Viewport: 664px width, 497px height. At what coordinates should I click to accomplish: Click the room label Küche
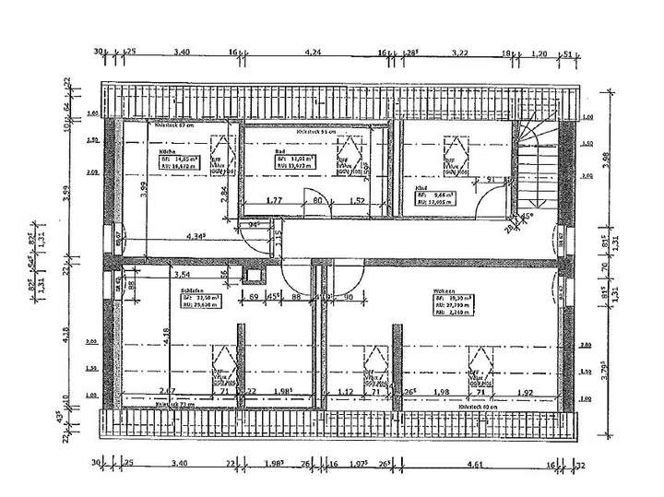click(x=168, y=149)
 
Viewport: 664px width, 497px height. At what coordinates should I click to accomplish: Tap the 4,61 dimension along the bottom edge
click(x=476, y=464)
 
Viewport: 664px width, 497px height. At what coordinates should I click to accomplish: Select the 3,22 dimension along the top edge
click(x=458, y=53)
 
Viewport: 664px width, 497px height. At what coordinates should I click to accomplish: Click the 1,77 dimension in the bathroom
click(x=273, y=199)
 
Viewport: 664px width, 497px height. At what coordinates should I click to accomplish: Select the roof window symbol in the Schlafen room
click(x=223, y=363)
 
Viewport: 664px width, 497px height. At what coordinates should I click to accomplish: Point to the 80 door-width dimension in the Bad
click(x=316, y=199)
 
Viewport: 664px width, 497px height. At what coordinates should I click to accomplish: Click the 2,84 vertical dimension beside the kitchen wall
click(x=225, y=195)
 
